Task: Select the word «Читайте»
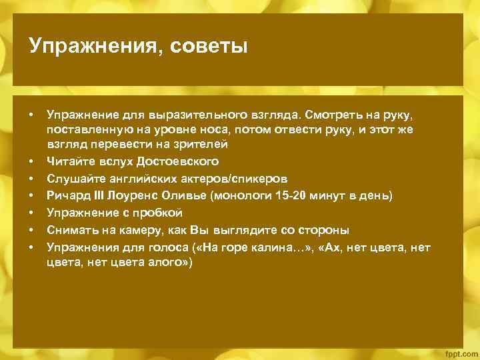click(69, 161)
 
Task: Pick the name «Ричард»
click(67, 196)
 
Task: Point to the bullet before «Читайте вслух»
click(31, 161)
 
